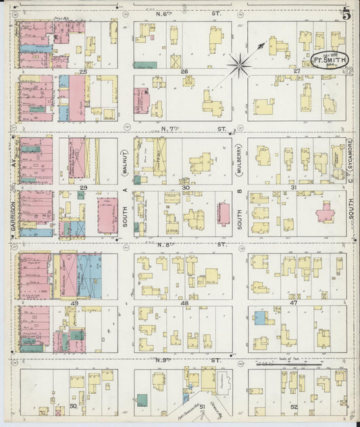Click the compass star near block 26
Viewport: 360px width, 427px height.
click(240, 65)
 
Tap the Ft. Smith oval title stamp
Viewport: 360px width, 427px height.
click(330, 60)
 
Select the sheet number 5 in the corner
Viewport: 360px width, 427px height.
click(345, 12)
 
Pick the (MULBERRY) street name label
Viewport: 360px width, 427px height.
click(239, 160)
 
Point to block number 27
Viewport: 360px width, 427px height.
click(296, 71)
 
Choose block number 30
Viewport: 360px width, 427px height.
click(185, 187)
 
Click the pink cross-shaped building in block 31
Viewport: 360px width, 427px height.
click(325, 214)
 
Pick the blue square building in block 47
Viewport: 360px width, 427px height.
click(260, 318)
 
